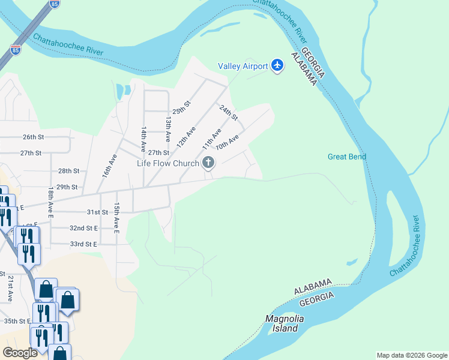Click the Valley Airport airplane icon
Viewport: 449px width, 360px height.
click(x=277, y=65)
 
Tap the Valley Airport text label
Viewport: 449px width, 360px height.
click(x=243, y=66)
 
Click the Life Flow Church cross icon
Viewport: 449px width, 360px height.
click(x=209, y=163)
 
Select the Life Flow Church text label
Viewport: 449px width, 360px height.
click(x=168, y=163)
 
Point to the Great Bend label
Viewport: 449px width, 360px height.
click(x=347, y=157)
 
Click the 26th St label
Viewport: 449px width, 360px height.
click(x=34, y=137)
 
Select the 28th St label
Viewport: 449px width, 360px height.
click(x=69, y=171)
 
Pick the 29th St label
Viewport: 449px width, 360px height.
click(x=67, y=187)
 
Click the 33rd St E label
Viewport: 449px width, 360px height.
click(x=83, y=244)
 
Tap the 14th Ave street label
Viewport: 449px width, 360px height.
click(x=143, y=139)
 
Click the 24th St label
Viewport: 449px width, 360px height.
click(x=229, y=112)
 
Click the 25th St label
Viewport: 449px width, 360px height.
click(x=181, y=108)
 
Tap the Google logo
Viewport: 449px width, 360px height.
click(x=20, y=352)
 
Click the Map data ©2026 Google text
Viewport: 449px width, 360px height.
click(x=411, y=355)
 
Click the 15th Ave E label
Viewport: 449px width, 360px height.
click(x=117, y=217)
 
